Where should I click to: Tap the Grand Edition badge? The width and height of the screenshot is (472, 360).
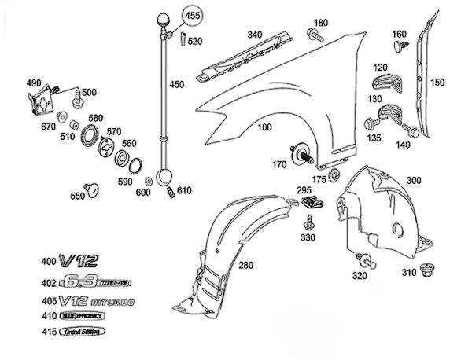(69, 333)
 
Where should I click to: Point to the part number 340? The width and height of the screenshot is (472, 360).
(254, 34)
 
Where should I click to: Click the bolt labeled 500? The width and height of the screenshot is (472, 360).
(77, 101)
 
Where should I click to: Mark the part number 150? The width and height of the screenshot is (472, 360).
(437, 82)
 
